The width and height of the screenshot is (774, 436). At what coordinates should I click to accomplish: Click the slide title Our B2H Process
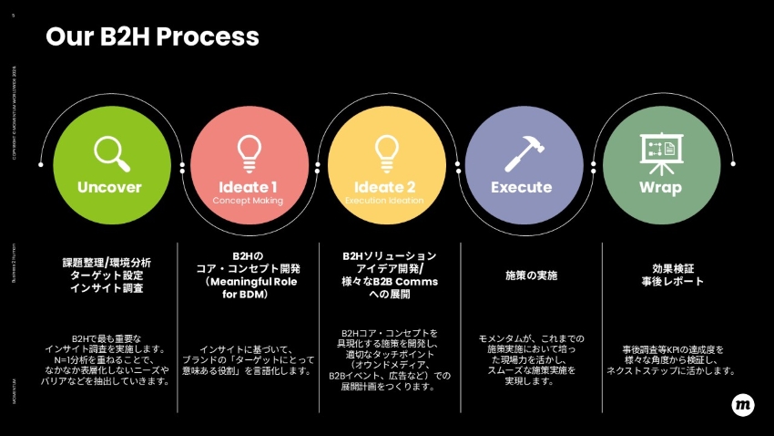click(x=152, y=36)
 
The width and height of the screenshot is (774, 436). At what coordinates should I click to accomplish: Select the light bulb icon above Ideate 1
click(x=249, y=151)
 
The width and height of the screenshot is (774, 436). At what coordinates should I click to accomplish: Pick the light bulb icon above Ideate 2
click(x=387, y=151)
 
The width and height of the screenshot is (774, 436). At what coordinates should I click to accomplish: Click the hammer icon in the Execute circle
click(x=524, y=152)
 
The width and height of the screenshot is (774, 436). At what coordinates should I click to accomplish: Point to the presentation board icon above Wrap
click(x=660, y=152)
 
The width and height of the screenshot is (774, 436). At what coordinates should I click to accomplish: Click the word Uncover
click(x=110, y=187)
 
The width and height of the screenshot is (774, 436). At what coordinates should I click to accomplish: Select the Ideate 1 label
click(x=249, y=187)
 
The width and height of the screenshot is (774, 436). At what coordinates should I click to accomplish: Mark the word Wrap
click(x=660, y=187)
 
